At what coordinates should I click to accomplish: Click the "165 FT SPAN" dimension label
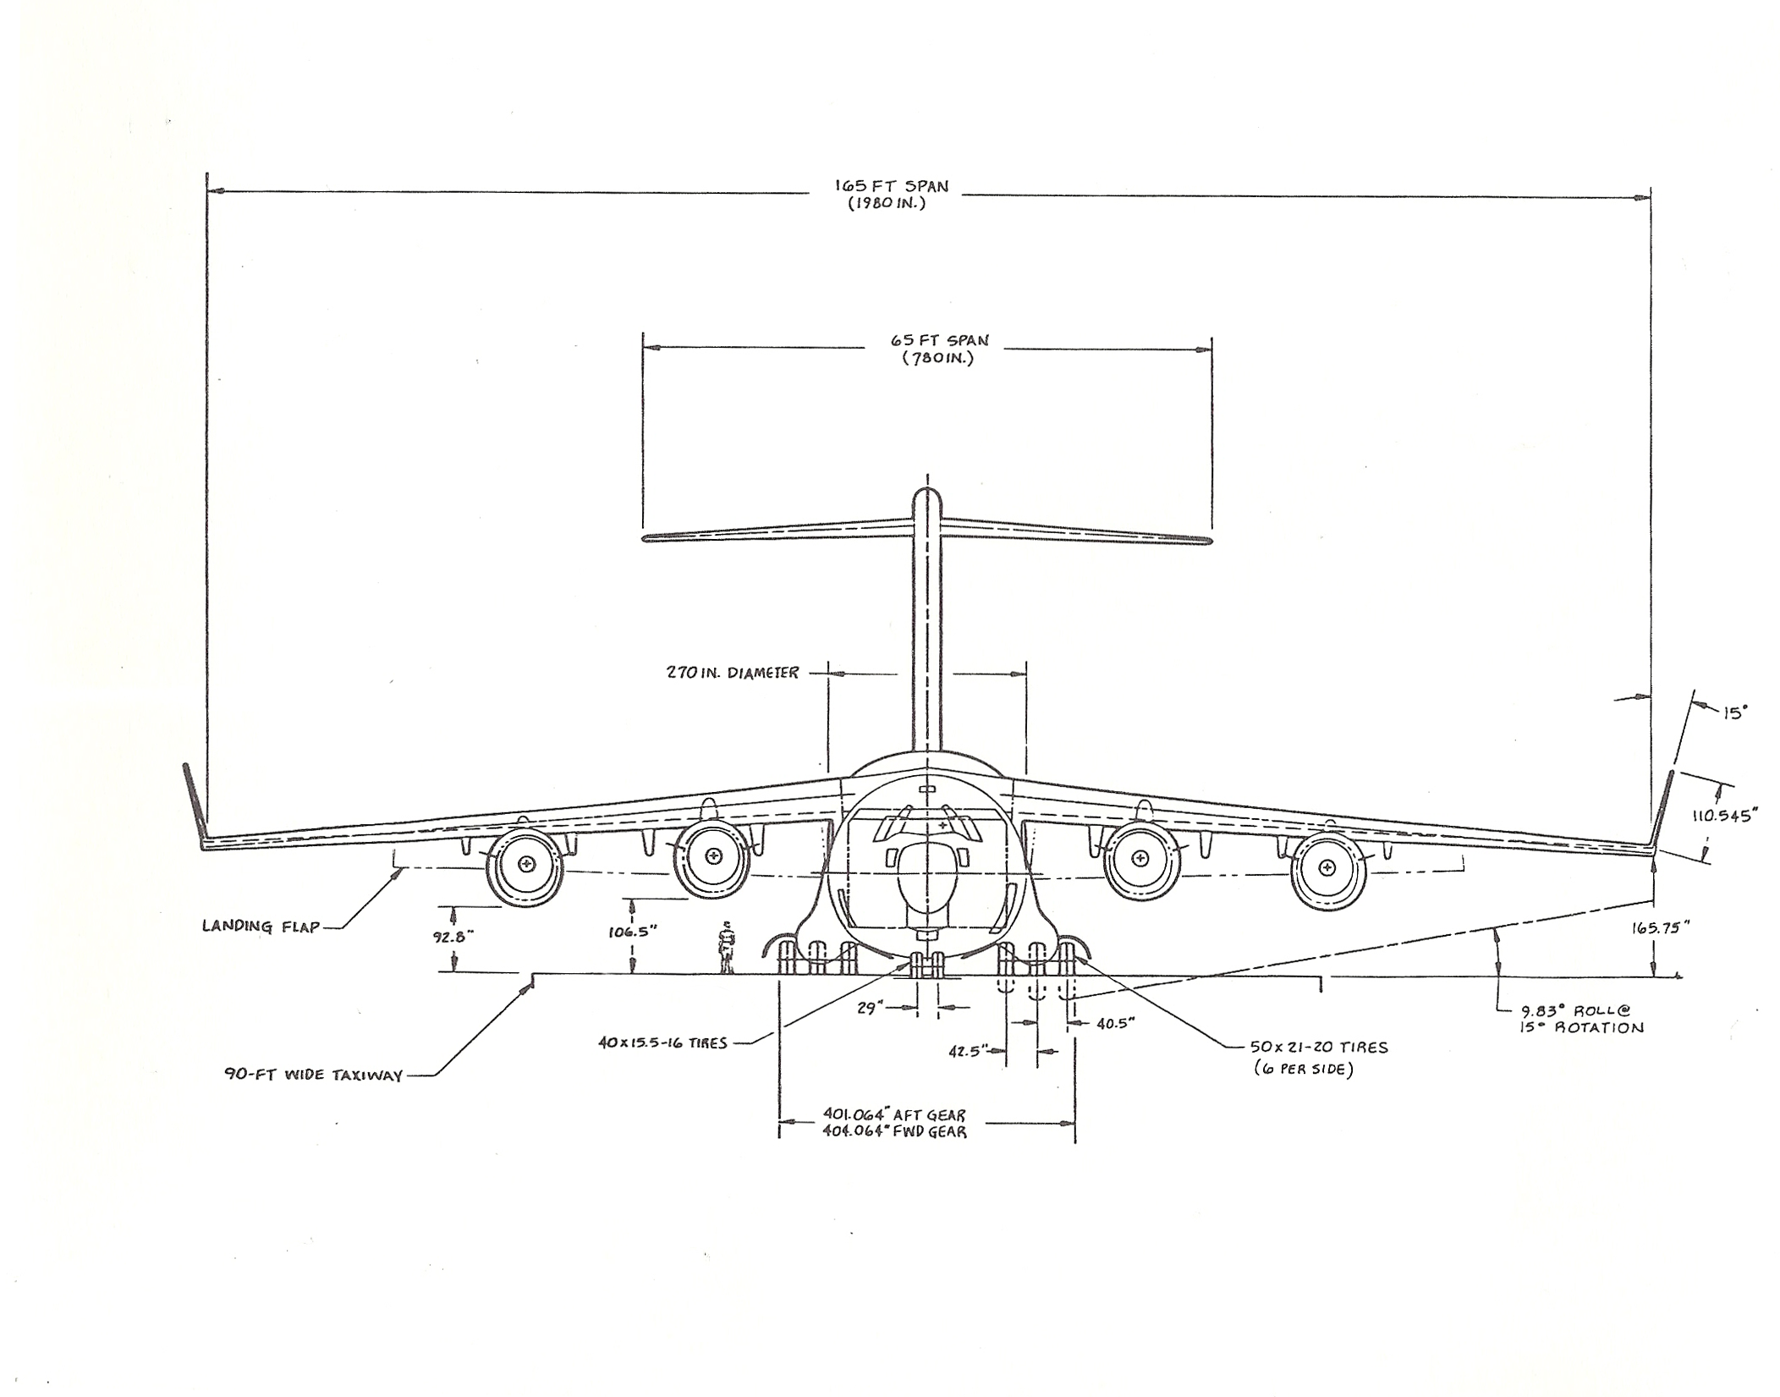[892, 186]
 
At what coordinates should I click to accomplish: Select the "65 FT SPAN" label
[939, 340]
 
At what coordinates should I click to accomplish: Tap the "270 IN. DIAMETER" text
[733, 674]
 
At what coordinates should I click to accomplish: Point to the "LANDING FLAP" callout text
[261, 926]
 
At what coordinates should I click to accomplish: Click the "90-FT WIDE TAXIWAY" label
[313, 1075]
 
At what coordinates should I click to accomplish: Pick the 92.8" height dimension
[453, 937]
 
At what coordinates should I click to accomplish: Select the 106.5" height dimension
[633, 932]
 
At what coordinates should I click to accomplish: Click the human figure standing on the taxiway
[726, 948]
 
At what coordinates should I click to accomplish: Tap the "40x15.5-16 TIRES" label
[662, 1043]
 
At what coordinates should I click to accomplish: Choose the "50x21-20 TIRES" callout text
[1319, 1048]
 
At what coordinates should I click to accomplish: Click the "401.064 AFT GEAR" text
[893, 1115]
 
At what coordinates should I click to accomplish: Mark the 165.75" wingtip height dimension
[1661, 927]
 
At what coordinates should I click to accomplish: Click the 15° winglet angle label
[1734, 712]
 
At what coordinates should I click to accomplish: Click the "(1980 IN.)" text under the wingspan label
[887, 204]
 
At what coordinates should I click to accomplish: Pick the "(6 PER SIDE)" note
[1304, 1070]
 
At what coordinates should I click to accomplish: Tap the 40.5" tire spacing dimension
[1115, 1023]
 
